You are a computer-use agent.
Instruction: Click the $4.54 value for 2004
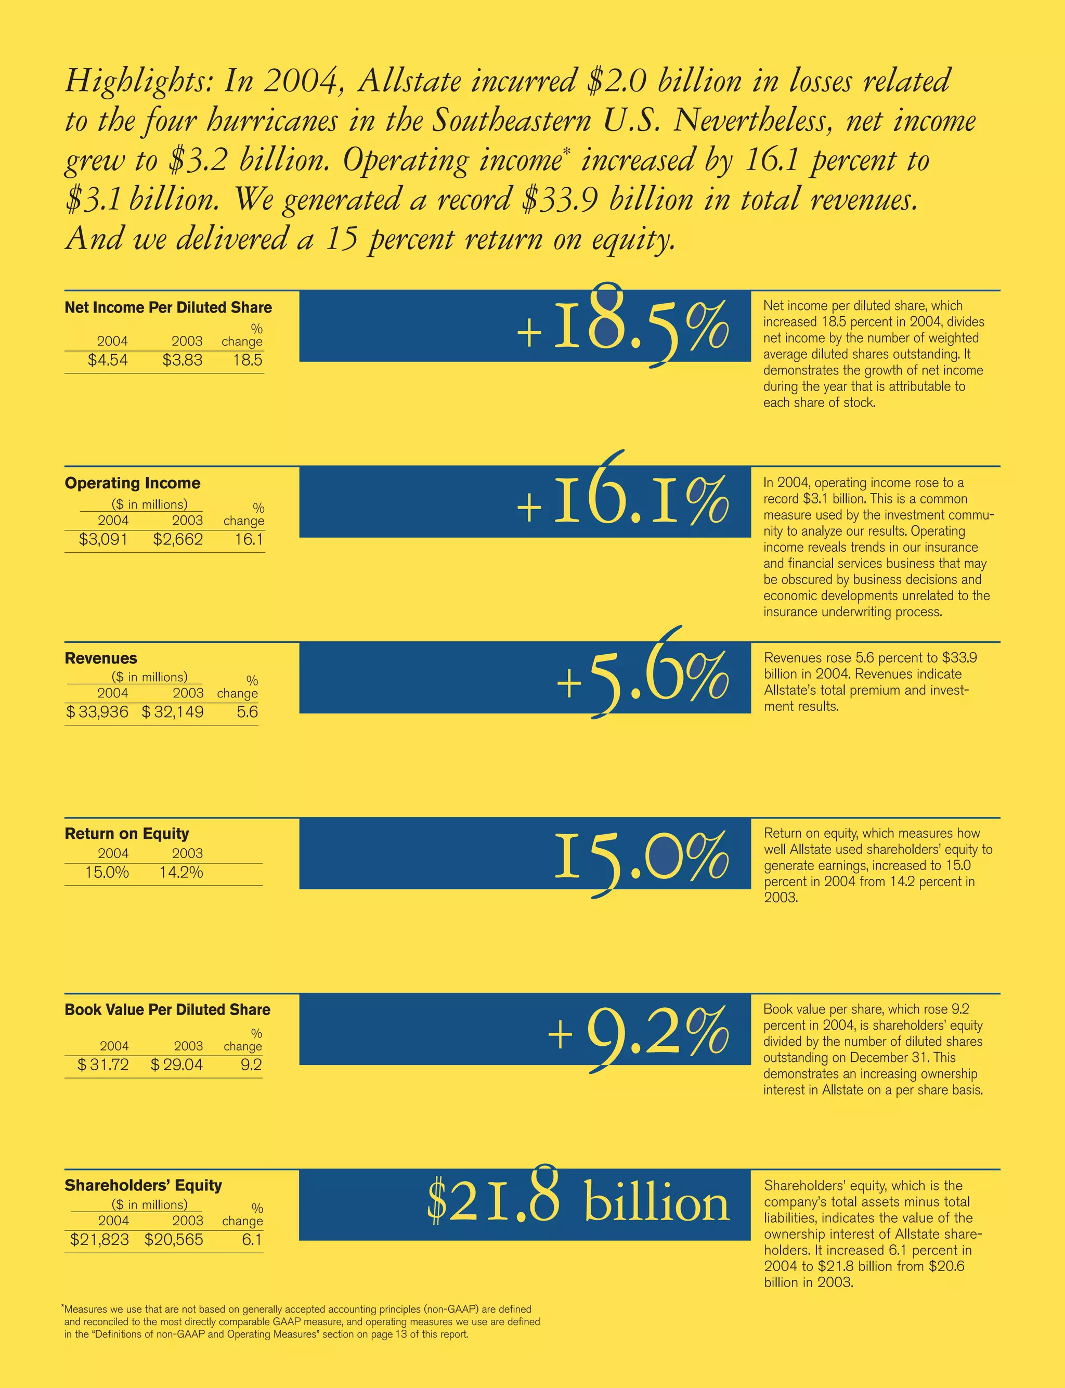pyautogui.click(x=107, y=360)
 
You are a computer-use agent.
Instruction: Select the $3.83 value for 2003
pyautogui.click(x=182, y=360)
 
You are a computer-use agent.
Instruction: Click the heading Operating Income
pyautogui.click(x=132, y=483)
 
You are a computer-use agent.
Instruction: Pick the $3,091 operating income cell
pyautogui.click(x=102, y=539)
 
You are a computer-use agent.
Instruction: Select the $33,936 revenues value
pyautogui.click(x=97, y=712)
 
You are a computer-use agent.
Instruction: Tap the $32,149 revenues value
pyautogui.click(x=173, y=712)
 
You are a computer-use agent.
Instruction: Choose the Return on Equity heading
pyautogui.click(x=126, y=834)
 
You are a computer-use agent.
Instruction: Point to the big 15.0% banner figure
pyautogui.click(x=642, y=855)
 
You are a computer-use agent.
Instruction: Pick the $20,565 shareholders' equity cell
pyautogui.click(x=173, y=1240)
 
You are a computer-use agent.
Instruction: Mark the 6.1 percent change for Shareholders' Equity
pyautogui.click(x=252, y=1240)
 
